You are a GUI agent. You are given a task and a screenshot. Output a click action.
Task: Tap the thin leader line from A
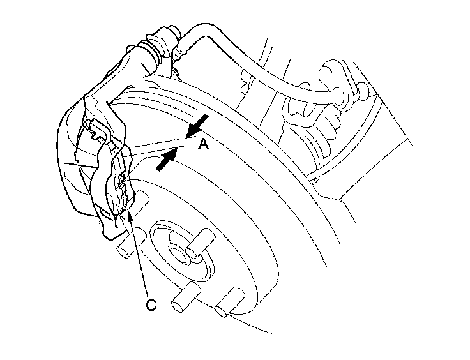coord(160,146)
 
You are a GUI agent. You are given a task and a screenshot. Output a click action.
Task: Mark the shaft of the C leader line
coord(140,255)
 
